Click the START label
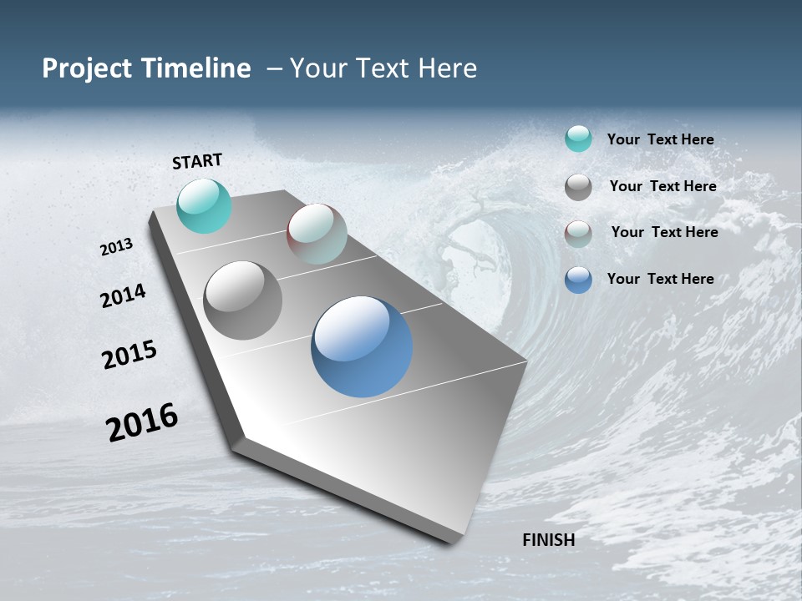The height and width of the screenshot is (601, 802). point(197,161)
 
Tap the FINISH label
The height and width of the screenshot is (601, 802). point(548,540)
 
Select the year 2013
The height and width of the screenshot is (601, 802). point(116,247)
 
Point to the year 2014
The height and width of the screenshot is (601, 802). point(123,295)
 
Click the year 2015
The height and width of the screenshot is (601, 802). point(129,355)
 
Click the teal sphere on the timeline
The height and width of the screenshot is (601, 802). point(204,206)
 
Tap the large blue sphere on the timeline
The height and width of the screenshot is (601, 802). point(362,346)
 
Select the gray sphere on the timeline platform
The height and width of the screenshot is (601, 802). point(243,300)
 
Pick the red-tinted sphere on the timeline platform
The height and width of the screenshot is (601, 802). point(317,234)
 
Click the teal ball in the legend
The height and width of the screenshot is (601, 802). point(578,139)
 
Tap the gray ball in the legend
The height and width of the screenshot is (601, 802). point(578,187)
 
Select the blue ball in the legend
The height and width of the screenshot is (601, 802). point(578,280)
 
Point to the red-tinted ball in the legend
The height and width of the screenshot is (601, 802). point(578,234)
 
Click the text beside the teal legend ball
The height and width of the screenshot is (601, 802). point(660,140)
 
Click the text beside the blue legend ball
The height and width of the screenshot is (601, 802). point(660,279)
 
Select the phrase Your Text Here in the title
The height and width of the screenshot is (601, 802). point(383,68)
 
